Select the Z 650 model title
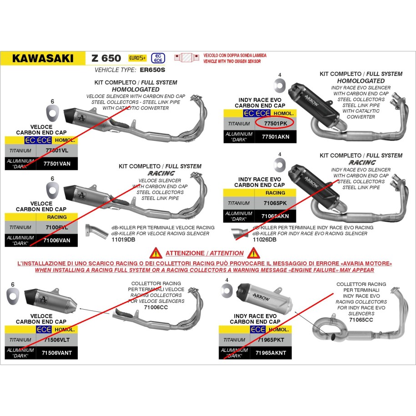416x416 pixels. [106, 58]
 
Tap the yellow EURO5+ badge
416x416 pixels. [136, 58]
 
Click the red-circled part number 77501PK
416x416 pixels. [275, 123]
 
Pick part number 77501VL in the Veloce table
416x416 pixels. [57, 150]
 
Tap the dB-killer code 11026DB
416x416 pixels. [264, 239]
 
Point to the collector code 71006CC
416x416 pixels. [156, 307]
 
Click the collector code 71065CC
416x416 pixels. [361, 320]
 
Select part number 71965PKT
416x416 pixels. [271, 340]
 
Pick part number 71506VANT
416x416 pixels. [57, 352]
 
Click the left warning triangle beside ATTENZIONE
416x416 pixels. [156, 253]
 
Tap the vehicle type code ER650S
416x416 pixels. [153, 70]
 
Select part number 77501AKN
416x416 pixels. [276, 136]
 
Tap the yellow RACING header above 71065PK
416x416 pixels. [275, 192]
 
